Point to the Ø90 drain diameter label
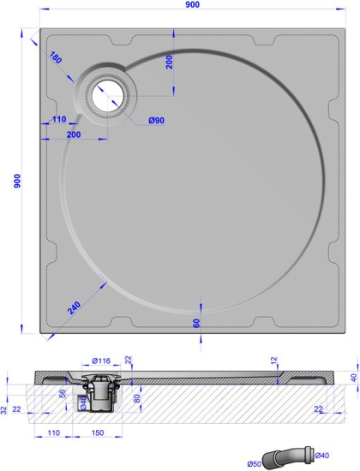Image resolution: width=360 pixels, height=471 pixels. tap(156, 120)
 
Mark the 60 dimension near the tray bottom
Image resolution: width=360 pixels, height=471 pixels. tap(196, 323)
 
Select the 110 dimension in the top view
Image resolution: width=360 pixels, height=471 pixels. tap(57, 120)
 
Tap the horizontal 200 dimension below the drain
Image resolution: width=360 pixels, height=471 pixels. tap(73, 135)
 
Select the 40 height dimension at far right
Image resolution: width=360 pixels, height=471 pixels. tap(352, 378)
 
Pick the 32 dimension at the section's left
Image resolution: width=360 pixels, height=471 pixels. tap(5, 409)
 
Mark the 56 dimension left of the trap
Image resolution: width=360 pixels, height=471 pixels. tap(62, 394)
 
